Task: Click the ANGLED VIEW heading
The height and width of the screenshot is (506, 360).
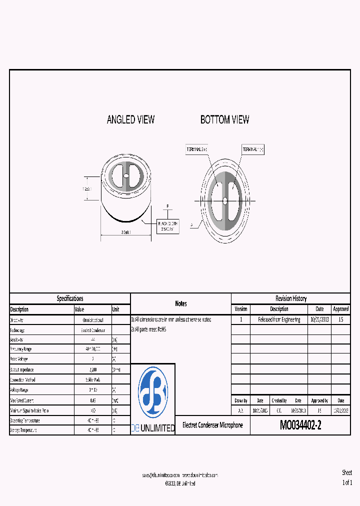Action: (x=130, y=119)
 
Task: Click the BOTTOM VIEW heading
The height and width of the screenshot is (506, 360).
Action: (x=224, y=119)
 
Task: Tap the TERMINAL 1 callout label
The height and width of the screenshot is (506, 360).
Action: (x=253, y=149)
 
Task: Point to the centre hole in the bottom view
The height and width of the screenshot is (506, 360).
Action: (x=225, y=200)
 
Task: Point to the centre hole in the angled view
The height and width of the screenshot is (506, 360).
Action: (x=126, y=176)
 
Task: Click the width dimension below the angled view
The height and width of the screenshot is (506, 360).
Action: (x=126, y=232)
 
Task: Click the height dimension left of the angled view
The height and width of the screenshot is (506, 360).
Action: (x=86, y=188)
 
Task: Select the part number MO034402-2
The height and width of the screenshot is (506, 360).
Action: (x=300, y=425)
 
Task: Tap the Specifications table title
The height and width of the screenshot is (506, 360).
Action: (x=70, y=298)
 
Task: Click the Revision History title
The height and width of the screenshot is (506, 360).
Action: (x=290, y=298)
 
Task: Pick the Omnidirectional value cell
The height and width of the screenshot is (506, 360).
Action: (x=92, y=320)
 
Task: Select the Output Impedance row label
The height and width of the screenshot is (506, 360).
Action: (x=24, y=369)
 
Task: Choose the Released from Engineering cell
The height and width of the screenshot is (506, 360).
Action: (x=279, y=319)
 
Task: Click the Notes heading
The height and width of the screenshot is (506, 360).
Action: (x=181, y=303)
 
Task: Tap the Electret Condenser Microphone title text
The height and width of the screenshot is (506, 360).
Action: (x=212, y=425)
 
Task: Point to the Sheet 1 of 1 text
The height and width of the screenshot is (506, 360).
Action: (x=347, y=477)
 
